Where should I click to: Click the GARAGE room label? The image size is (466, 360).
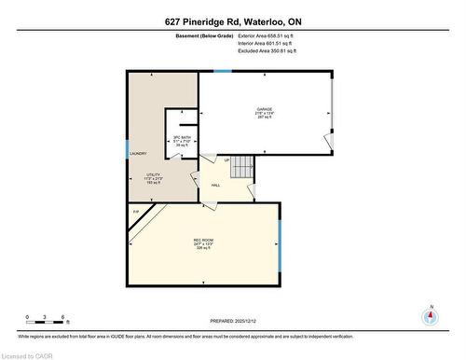tap(265, 109)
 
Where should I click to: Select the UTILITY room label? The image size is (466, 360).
tap(154, 174)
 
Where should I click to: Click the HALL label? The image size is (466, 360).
tap(215, 186)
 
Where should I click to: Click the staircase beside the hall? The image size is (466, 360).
tap(241, 168)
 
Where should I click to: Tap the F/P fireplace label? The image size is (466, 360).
tap(136, 213)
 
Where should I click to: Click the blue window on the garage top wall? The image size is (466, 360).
tap(223, 71)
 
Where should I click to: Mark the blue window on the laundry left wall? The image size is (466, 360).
tap(128, 146)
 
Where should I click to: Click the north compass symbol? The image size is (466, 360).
tap(429, 315)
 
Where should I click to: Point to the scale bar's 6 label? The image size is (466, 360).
tap(62, 317)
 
